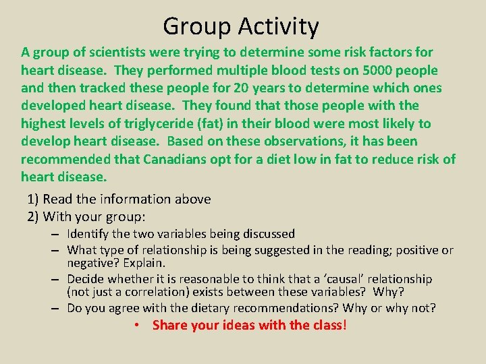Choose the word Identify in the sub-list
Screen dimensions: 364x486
coord(88,234)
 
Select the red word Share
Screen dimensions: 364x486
coord(169,326)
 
